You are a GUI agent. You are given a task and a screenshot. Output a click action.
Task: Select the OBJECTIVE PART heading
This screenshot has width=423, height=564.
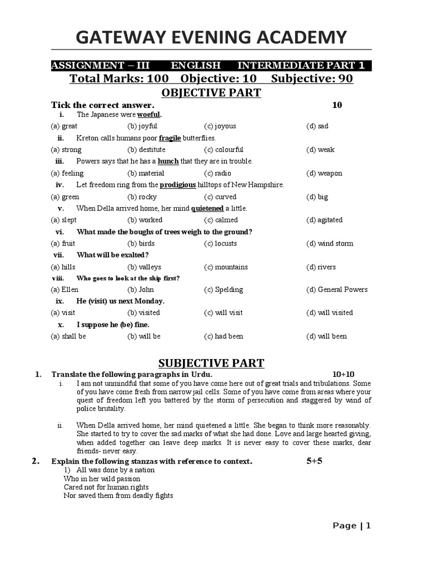point(211,93)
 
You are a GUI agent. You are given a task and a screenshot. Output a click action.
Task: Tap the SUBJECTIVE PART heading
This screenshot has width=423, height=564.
point(211,362)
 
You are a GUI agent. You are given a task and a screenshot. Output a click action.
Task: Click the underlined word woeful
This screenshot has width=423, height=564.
point(149,115)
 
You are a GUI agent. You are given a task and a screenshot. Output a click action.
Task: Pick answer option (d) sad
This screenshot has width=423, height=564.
point(317,126)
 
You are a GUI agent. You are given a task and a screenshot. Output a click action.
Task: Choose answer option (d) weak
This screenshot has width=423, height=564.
point(320,150)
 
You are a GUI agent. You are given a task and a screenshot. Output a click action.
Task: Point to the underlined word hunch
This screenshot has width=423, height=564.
point(168,161)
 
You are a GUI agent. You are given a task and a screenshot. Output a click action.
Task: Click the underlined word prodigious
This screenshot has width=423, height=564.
point(177,185)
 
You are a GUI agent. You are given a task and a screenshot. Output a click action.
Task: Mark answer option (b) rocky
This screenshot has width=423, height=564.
point(142,197)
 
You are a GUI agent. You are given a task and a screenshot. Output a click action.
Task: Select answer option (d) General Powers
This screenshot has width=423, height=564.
point(337,290)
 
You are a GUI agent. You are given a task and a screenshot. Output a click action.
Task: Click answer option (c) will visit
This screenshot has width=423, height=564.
point(223,313)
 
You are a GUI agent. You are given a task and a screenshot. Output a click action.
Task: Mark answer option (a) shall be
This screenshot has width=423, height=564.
point(68,337)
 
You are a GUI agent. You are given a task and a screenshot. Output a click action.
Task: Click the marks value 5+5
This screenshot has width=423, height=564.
point(314,461)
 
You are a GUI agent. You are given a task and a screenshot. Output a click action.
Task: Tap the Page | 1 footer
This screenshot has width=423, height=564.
point(352,525)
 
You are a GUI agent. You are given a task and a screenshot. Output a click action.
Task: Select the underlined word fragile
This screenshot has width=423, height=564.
point(170,138)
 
